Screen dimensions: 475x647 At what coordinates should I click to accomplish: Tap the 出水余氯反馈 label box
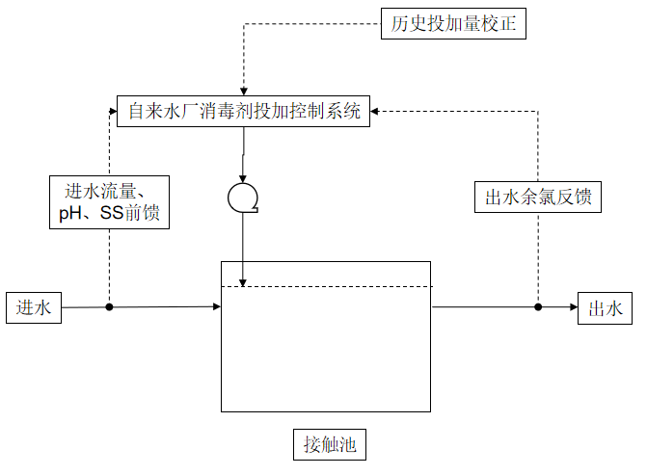coord(538,198)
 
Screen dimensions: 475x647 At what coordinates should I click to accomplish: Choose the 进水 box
coord(34,308)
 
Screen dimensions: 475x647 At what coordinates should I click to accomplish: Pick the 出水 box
coord(605,308)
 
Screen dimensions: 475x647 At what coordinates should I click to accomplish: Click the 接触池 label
coord(328,445)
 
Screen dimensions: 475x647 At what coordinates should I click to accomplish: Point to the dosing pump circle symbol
coord(242,197)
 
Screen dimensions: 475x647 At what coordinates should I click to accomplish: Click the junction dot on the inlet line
coord(109,307)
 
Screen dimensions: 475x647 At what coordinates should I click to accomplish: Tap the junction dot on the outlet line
coord(538,307)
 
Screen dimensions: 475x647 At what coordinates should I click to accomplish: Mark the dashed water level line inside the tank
coord(328,286)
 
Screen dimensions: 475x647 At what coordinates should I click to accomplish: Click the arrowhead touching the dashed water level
coord(242,281)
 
